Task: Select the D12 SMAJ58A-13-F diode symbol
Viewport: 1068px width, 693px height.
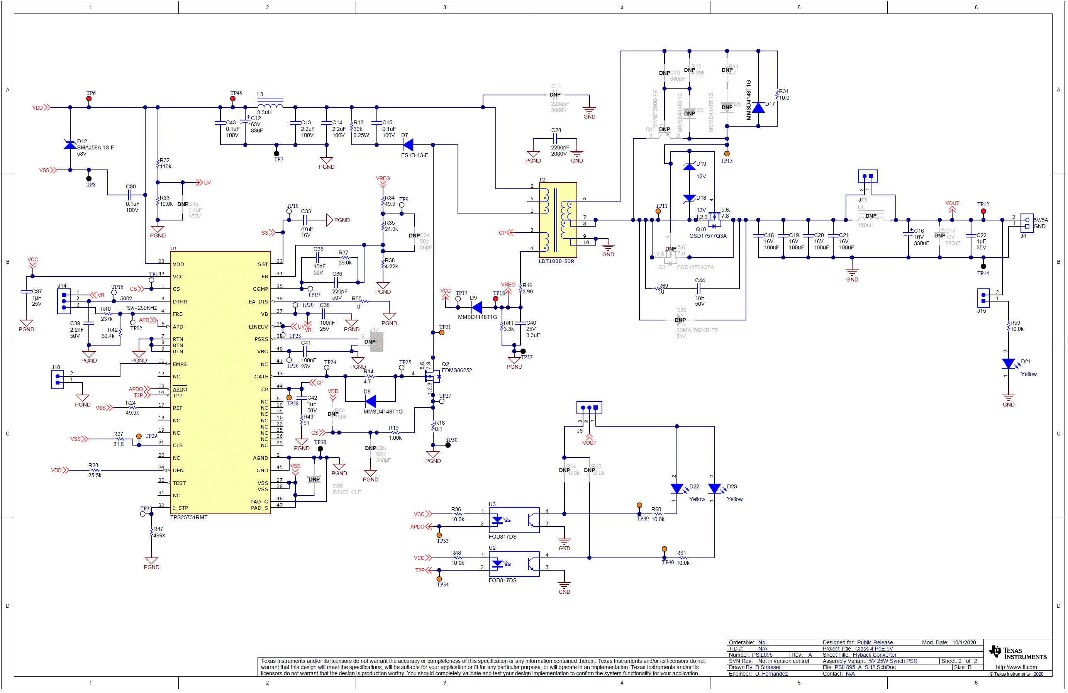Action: coord(70,145)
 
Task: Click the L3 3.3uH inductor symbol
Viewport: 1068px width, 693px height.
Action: coord(270,105)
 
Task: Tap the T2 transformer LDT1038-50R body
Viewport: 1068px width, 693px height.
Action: coord(558,220)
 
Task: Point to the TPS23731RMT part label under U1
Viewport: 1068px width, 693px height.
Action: coord(189,518)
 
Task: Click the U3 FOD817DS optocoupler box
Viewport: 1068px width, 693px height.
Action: coord(514,520)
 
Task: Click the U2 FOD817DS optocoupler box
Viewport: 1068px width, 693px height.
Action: coord(514,564)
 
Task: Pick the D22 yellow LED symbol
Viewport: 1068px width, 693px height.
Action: coord(677,488)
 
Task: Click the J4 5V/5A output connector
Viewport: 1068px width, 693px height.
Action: coord(1027,223)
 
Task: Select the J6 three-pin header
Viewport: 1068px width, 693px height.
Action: coord(589,408)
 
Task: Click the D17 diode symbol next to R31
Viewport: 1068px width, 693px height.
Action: coord(758,108)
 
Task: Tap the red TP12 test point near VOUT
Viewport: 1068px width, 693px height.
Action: coord(983,211)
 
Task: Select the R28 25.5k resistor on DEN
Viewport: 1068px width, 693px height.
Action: coord(95,471)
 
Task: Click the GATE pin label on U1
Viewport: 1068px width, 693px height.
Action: coord(261,377)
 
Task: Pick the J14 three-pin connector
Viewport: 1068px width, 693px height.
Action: coord(64,301)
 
